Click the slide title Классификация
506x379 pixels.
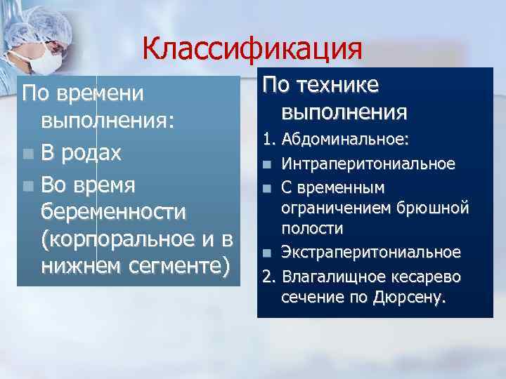[252, 50]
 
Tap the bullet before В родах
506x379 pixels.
[27, 154]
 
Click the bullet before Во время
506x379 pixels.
[27, 185]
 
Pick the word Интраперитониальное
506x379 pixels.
[368, 164]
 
